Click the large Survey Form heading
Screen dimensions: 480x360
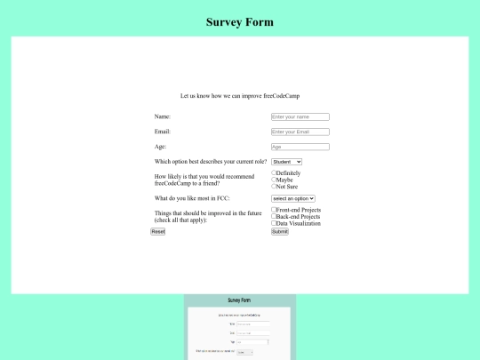coord(240,22)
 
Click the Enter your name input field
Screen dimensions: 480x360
coord(300,116)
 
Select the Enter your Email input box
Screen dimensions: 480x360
coord(300,132)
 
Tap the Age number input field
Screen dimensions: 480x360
coord(300,147)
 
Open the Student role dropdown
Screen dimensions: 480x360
coord(287,161)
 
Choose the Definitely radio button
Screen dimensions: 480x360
coord(274,172)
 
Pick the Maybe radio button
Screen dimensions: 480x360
coord(274,180)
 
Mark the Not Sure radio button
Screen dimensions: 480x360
coord(274,187)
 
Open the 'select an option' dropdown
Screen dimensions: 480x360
coord(293,198)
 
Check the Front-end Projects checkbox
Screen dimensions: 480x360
coord(274,210)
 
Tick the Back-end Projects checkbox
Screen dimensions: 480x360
coord(274,216)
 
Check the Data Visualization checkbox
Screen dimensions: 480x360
coord(274,223)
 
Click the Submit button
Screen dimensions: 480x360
coord(280,231)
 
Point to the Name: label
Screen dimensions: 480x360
coord(163,116)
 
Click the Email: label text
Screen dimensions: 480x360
coord(163,132)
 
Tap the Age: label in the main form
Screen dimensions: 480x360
coord(161,147)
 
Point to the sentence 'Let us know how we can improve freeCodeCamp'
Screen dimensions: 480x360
coord(240,95)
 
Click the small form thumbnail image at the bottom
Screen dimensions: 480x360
coord(240,327)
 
